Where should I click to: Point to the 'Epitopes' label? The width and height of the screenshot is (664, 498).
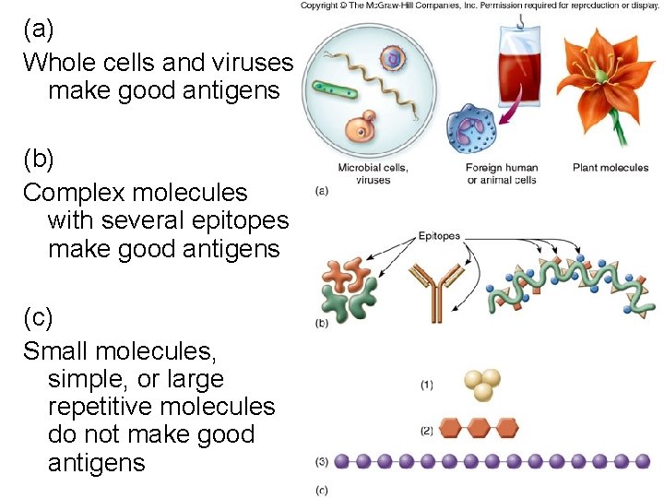tap(439, 236)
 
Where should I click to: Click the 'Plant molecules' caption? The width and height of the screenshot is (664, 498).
tap(611, 168)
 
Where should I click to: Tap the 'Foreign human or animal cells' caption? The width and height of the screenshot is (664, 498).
tap(502, 173)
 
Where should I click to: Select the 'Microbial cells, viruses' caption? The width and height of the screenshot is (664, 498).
tap(373, 173)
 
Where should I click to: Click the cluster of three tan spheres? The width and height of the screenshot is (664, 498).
tap(481, 385)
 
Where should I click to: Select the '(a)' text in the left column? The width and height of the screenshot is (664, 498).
tap(39, 29)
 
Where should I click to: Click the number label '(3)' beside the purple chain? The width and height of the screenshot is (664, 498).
tap(322, 460)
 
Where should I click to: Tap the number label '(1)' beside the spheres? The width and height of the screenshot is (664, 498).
tap(426, 385)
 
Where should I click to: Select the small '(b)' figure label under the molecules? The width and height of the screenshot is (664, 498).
tap(322, 323)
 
